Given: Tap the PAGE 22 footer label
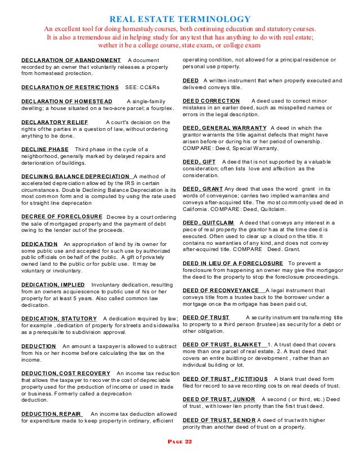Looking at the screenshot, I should (x=179, y=442).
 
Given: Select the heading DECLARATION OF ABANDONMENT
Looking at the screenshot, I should (x=71, y=60).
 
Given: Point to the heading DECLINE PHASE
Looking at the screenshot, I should (x=45, y=149).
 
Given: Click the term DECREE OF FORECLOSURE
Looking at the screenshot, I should (x=62, y=216).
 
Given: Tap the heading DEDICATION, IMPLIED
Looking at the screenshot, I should (x=52, y=284).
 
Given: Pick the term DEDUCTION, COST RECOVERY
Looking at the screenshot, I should (x=65, y=373).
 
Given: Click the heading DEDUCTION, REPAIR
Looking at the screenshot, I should (x=52, y=414).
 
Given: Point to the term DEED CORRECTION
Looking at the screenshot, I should (x=212, y=100).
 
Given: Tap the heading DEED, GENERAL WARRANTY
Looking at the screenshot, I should (x=225, y=128).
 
